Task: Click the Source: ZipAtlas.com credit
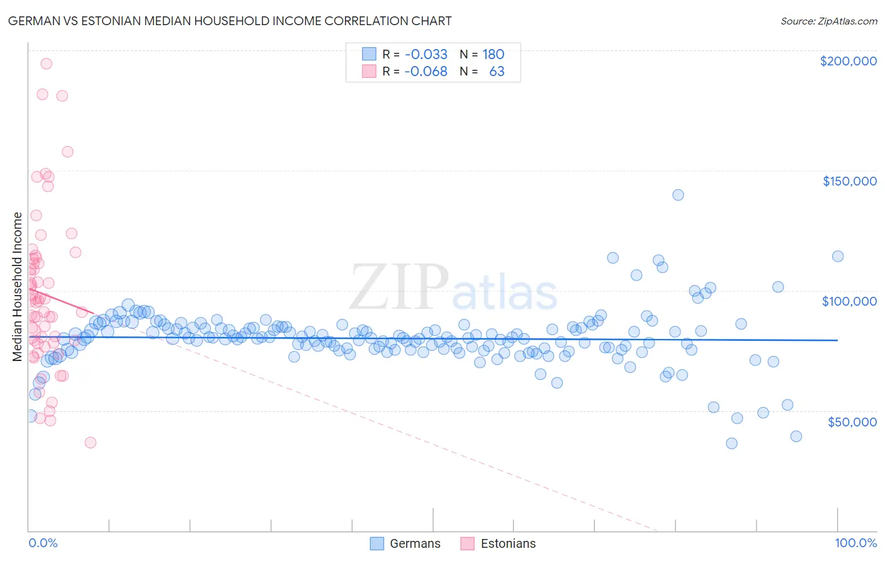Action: pyautogui.click(x=828, y=21)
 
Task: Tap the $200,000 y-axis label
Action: pyautogui.click(x=848, y=61)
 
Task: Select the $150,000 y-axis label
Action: pyautogui.click(x=849, y=181)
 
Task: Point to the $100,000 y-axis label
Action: pyautogui.click(x=849, y=301)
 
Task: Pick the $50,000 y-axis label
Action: pyautogui.click(x=852, y=421)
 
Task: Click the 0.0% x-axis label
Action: pyautogui.click(x=43, y=543)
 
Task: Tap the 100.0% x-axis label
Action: pyautogui.click(x=855, y=543)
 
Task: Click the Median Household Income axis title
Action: pyautogui.click(x=17, y=287)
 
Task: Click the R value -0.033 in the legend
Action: pyautogui.click(x=426, y=54)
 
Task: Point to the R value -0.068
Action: pyautogui.click(x=426, y=71)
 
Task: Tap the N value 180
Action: pyautogui.click(x=493, y=54)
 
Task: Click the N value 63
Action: pyautogui.click(x=497, y=71)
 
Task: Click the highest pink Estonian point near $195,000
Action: pyautogui.click(x=46, y=64)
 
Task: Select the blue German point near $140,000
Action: pyautogui.click(x=678, y=195)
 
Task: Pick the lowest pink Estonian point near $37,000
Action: pyautogui.click(x=90, y=442)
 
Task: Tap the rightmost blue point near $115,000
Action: pyautogui.click(x=838, y=256)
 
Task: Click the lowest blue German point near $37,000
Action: pyautogui.click(x=731, y=443)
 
